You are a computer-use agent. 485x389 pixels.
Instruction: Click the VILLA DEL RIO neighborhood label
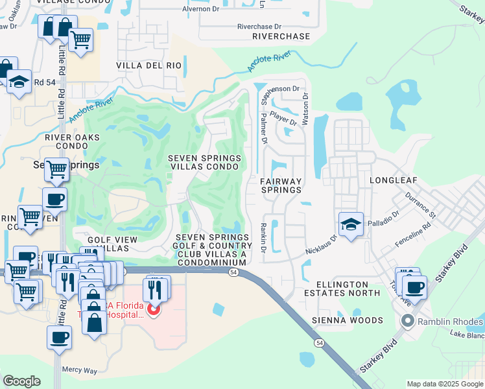(x=148, y=65)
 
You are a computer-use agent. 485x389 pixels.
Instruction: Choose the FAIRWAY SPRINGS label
(x=281, y=185)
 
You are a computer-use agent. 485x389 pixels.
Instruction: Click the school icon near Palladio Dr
(x=351, y=225)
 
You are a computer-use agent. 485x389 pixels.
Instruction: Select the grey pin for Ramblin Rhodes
(x=407, y=320)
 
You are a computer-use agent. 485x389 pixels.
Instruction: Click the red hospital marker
(x=153, y=310)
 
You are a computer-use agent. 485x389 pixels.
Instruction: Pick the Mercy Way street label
(x=79, y=370)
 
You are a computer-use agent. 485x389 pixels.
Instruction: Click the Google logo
(x=22, y=381)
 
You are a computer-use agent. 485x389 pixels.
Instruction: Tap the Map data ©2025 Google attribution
(x=444, y=384)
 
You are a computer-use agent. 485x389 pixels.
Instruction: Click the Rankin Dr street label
(x=264, y=237)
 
